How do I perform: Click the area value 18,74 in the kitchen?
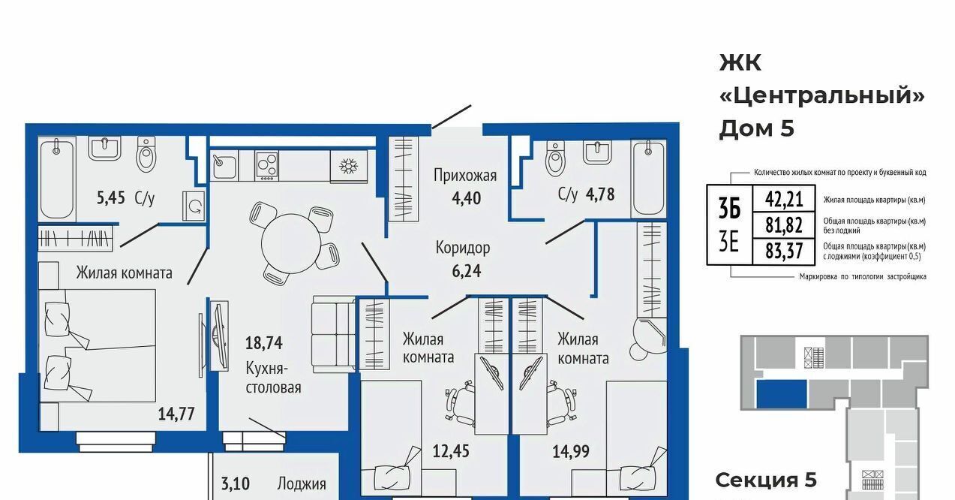point(263,343)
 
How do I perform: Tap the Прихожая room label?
point(465,176)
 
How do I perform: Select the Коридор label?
point(463,248)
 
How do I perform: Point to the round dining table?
point(290,243)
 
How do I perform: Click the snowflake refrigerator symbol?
point(348,167)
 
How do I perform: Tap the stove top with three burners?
point(266,164)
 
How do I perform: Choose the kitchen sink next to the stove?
point(224,166)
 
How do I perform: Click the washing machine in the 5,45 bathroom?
point(194,206)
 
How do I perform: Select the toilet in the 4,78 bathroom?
point(554,159)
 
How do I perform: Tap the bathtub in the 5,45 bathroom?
point(56,179)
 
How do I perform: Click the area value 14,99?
point(571,451)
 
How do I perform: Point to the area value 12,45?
point(451,451)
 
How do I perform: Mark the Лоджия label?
point(302,484)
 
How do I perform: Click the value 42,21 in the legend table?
point(784,199)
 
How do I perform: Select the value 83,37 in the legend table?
point(784,251)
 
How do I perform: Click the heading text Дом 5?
point(756,128)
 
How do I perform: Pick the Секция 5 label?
point(766,480)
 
